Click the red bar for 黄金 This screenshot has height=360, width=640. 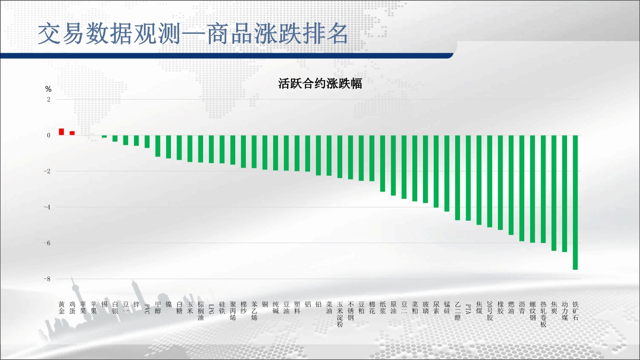pyautogui.click(x=61, y=132)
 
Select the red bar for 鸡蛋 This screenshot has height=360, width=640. pyautogui.click(x=72, y=133)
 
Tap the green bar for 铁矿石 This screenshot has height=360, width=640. pyautogui.click(x=576, y=202)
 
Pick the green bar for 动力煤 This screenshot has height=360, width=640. pyautogui.click(x=565, y=193)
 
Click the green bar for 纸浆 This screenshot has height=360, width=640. pyautogui.click(x=383, y=163)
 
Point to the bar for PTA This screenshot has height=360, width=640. pyautogui.click(x=468, y=178)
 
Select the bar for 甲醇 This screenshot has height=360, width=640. pyautogui.click(x=157, y=146)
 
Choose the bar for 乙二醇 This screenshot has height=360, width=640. pyautogui.click(x=458, y=178)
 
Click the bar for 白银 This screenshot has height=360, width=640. pyautogui.click(x=115, y=138)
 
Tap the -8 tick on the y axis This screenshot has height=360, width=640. pyautogui.click(x=47, y=279)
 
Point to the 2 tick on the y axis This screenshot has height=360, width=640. pyautogui.click(x=48, y=99)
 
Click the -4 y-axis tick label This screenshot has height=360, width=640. pyautogui.click(x=47, y=207)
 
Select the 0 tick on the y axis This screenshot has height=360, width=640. pyautogui.click(x=48, y=135)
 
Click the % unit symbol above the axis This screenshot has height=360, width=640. pyautogui.click(x=48, y=89)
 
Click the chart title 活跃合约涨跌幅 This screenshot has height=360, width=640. pyautogui.click(x=320, y=84)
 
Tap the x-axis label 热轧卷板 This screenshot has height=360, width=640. pyautogui.click(x=543, y=314)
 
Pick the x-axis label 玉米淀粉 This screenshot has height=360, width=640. pyautogui.click(x=340, y=314)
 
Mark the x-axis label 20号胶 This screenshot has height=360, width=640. pyautogui.click(x=490, y=311)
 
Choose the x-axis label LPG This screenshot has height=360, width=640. pyautogui.click(x=211, y=309)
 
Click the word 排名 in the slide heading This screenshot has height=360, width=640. pyautogui.click(x=325, y=34)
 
